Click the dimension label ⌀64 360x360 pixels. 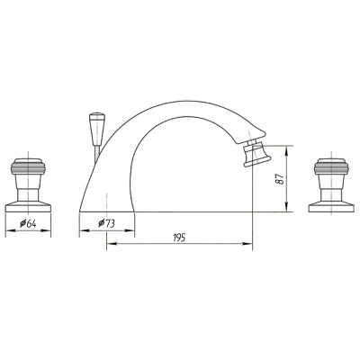(x=28, y=223)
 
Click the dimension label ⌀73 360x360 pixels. (x=107, y=223)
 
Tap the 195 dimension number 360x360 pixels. (x=179, y=238)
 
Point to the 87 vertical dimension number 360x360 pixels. (x=279, y=179)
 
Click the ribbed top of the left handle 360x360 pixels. (x=28, y=166)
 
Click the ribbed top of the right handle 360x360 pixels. (x=331, y=166)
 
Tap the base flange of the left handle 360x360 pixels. (x=28, y=207)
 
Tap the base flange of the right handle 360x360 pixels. (x=331, y=207)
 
